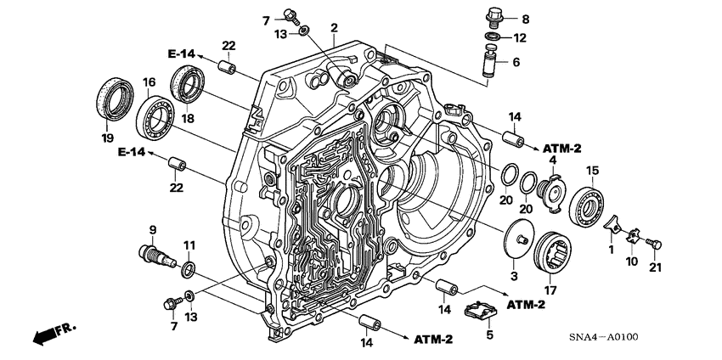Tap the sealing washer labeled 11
coord(188,269)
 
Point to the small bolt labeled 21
coord(654,244)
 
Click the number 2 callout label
coord(335,28)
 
